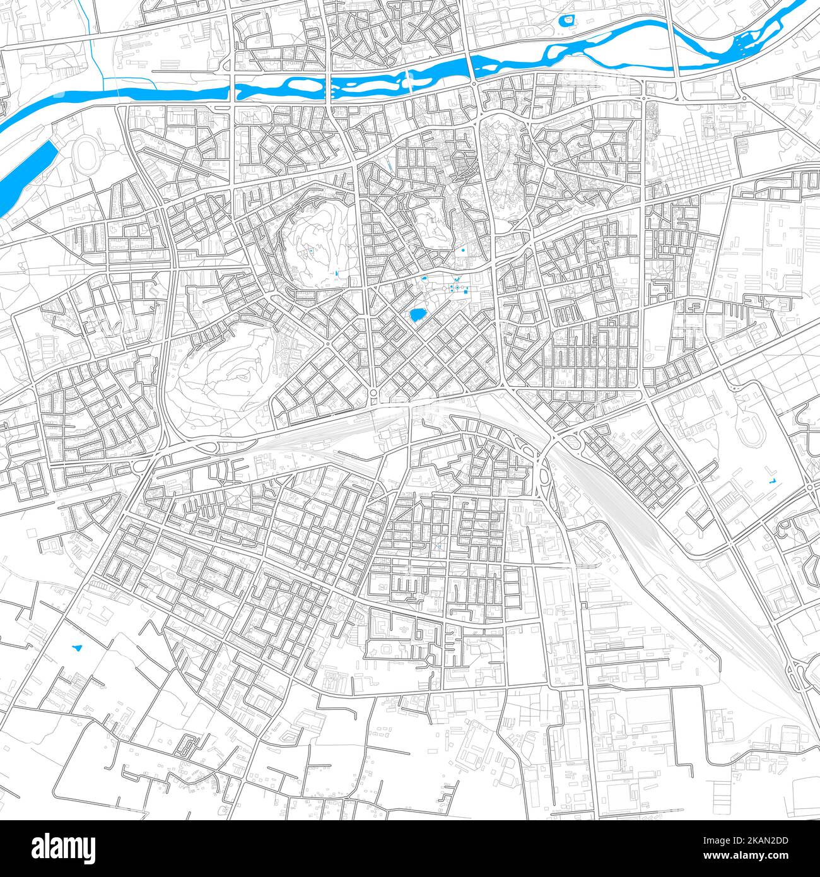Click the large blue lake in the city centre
[417, 314]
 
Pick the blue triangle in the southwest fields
[78, 646]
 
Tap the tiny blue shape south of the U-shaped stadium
[771, 482]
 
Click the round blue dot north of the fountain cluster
[464, 250]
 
